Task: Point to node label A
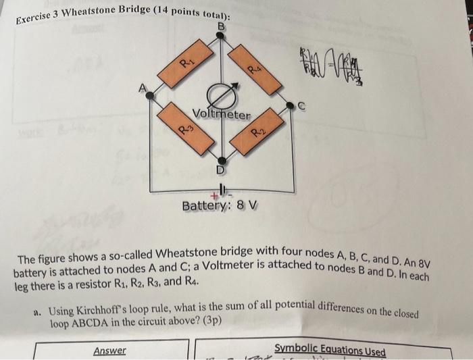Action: tap(142, 87)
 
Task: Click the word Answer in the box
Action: tap(109, 350)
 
